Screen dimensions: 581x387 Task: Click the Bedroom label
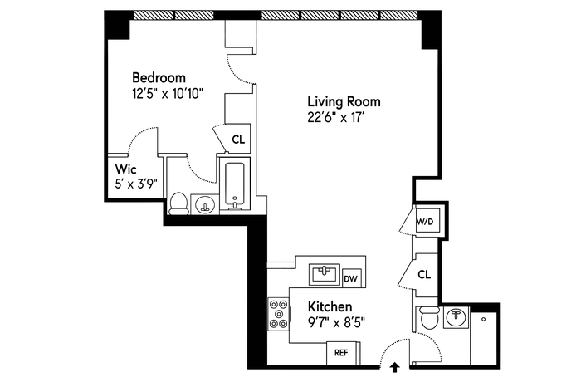[159, 78]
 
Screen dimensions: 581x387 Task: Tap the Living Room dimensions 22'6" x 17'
[334, 117]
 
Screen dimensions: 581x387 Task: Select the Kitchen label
[330, 307]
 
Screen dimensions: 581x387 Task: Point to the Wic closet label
[125, 169]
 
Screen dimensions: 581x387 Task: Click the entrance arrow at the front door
[395, 367]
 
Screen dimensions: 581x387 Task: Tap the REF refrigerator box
[341, 352]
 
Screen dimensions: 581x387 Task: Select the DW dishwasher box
[351, 278]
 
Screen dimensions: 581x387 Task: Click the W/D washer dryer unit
[425, 221]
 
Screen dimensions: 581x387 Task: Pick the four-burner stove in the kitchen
[279, 315]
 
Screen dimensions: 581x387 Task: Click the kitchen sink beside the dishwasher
[325, 274]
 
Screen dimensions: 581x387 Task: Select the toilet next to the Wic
[178, 203]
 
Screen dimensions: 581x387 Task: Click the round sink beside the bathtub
[204, 204]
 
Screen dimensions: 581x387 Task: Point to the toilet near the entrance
[429, 318]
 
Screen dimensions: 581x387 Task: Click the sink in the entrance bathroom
[456, 317]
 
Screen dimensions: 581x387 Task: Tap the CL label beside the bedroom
[238, 140]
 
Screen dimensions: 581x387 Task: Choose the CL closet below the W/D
[424, 275]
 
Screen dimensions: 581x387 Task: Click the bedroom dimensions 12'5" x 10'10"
[168, 93]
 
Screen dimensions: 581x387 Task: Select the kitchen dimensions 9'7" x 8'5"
[336, 322]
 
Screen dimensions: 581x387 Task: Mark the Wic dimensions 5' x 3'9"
[136, 184]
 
